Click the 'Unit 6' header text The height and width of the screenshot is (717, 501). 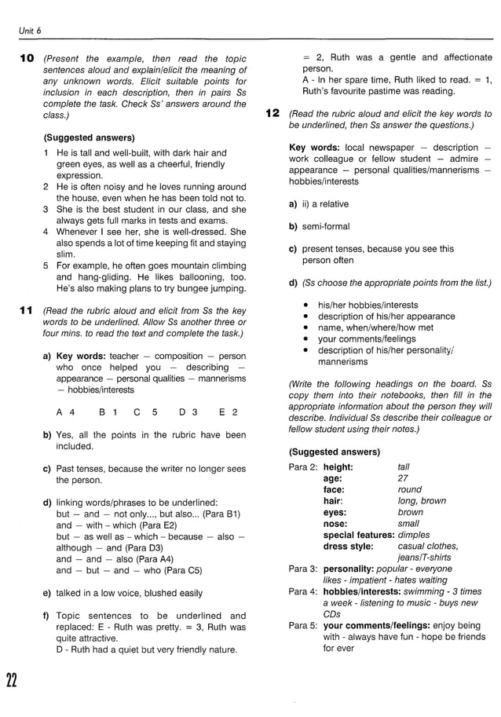click(31, 31)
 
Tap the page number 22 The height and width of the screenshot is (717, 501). click(12, 679)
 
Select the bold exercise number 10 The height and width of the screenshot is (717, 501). click(27, 59)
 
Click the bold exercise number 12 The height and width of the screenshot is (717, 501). click(272, 114)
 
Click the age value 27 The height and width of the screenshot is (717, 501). click(403, 477)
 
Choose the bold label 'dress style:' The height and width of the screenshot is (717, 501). click(348, 546)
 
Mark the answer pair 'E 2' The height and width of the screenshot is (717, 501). click(229, 412)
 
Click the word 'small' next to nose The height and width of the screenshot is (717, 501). click(408, 523)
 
